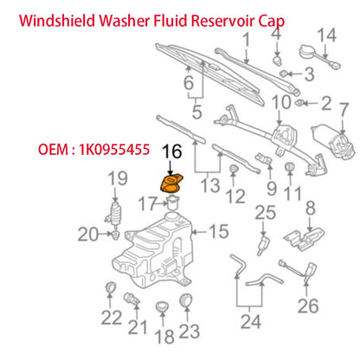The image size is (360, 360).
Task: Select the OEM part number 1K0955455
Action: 93,148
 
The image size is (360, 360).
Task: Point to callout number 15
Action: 219,231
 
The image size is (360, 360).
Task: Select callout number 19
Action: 112,179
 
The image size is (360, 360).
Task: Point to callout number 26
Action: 306,305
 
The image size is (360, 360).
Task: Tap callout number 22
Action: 110,318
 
